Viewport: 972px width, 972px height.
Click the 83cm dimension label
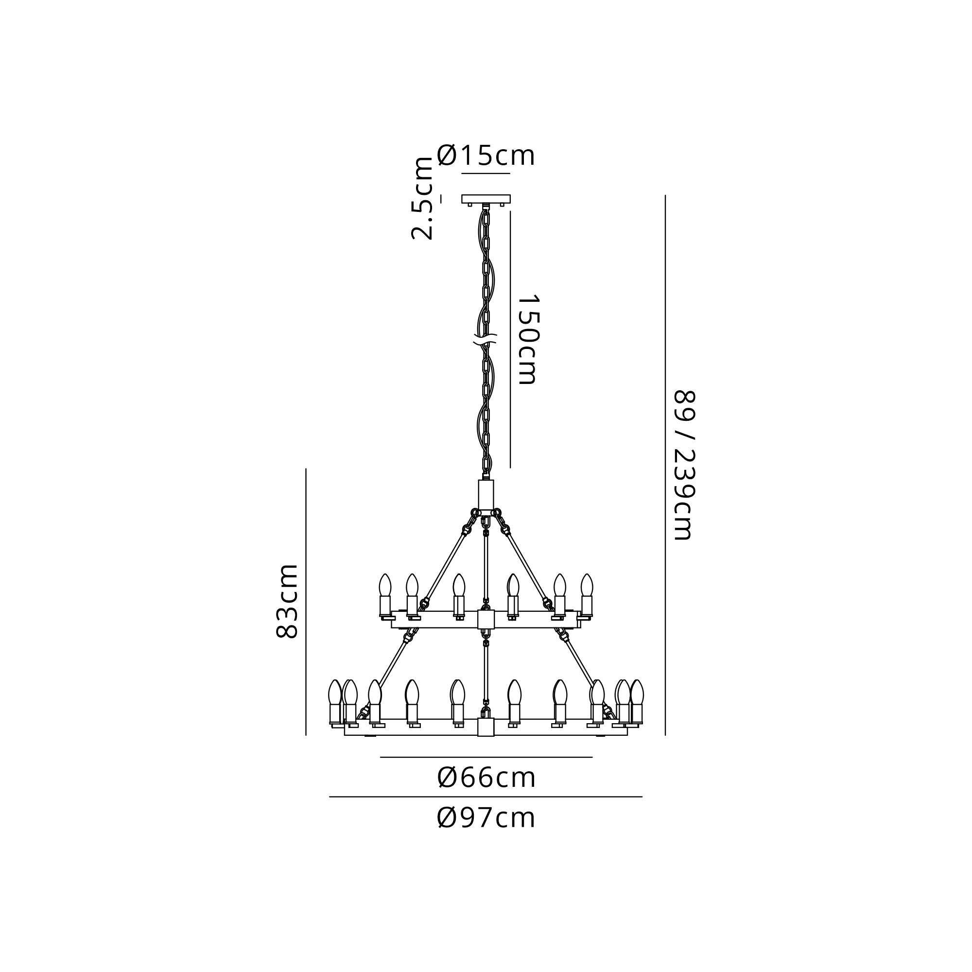click(x=288, y=601)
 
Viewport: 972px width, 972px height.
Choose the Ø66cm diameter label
click(x=486, y=778)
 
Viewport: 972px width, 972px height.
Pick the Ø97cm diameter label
click(x=486, y=818)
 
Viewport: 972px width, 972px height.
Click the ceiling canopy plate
click(x=486, y=199)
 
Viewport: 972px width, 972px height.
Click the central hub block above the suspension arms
click(x=486, y=495)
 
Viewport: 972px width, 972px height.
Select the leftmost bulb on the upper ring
click(x=385, y=586)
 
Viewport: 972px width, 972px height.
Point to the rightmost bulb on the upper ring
click(x=587, y=586)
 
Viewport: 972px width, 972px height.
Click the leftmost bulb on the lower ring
click(x=334, y=694)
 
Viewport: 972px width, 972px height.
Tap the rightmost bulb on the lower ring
click(x=637, y=694)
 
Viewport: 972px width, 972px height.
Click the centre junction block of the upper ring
click(x=486, y=620)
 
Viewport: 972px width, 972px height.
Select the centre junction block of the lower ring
click(x=486, y=727)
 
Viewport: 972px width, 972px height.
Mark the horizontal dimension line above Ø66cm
click(x=486, y=757)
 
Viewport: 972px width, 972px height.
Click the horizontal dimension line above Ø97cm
click(x=486, y=797)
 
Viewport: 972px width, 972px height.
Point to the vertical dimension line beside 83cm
click(x=306, y=602)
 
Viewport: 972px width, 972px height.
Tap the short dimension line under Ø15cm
click(x=486, y=174)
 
